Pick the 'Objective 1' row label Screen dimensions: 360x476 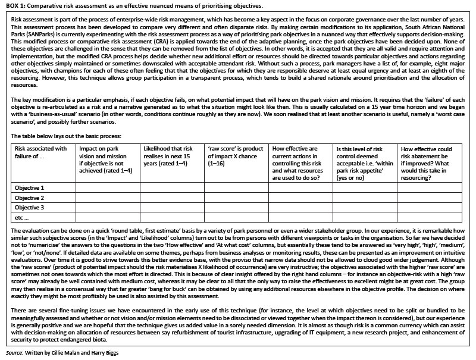[x=30, y=187]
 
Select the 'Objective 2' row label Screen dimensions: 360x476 [x=30, y=198]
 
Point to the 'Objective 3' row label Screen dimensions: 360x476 [x=30, y=208]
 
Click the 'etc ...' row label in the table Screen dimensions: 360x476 [x=22, y=218]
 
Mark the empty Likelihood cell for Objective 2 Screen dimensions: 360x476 [x=171, y=198]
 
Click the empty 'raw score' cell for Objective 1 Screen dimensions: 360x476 [x=236, y=187]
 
